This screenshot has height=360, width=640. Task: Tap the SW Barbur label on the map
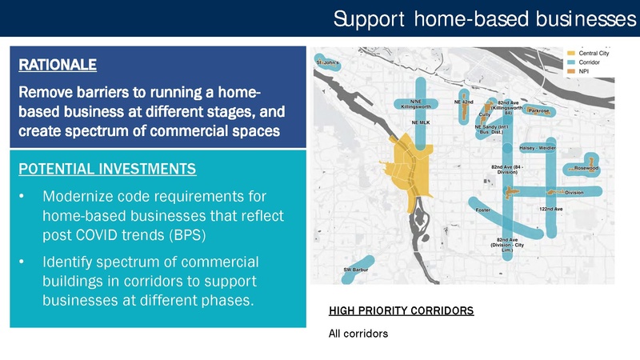(x=357, y=270)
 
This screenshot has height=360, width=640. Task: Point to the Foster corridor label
(x=482, y=210)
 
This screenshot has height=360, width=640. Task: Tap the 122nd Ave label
(x=551, y=208)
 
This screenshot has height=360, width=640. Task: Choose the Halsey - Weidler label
(x=538, y=147)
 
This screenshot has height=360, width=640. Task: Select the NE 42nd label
(x=464, y=102)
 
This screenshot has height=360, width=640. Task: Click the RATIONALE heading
(x=56, y=62)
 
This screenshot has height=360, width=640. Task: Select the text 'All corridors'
(x=358, y=334)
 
